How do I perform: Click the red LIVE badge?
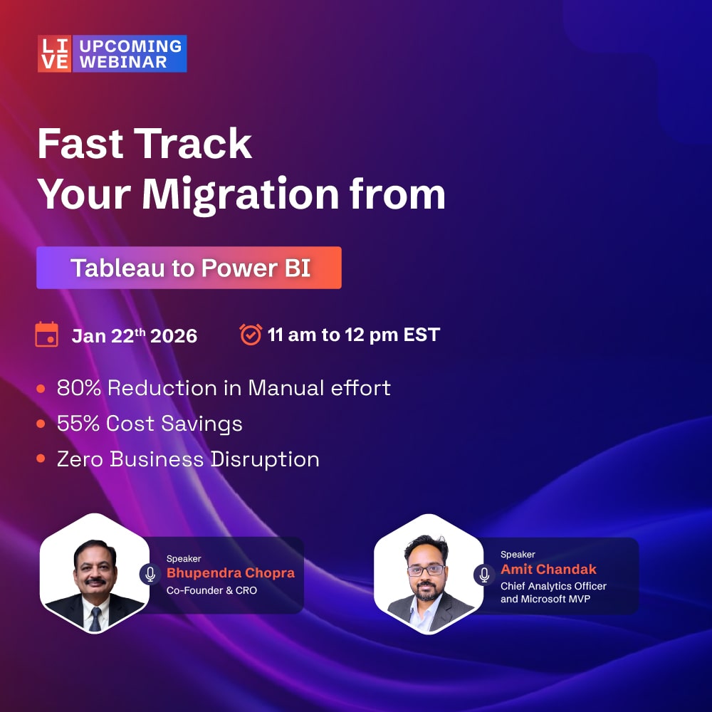[55, 53]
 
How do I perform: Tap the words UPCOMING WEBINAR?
[130, 53]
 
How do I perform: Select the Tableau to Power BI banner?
[189, 268]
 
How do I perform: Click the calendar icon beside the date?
[47, 335]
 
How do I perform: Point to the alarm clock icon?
[251, 334]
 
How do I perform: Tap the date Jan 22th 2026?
[134, 336]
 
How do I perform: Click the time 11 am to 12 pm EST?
[353, 335]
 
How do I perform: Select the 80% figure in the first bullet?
[78, 388]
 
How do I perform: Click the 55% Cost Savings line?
[150, 424]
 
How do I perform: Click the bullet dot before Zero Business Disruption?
[41, 459]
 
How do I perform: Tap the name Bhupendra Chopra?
[230, 573]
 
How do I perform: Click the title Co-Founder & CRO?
[211, 590]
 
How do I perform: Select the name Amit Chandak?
[548, 569]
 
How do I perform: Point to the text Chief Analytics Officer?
[553, 586]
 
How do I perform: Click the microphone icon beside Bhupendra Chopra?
[150, 574]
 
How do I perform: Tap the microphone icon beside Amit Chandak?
[484, 574]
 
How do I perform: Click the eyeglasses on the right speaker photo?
[426, 570]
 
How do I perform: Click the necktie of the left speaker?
[95, 617]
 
